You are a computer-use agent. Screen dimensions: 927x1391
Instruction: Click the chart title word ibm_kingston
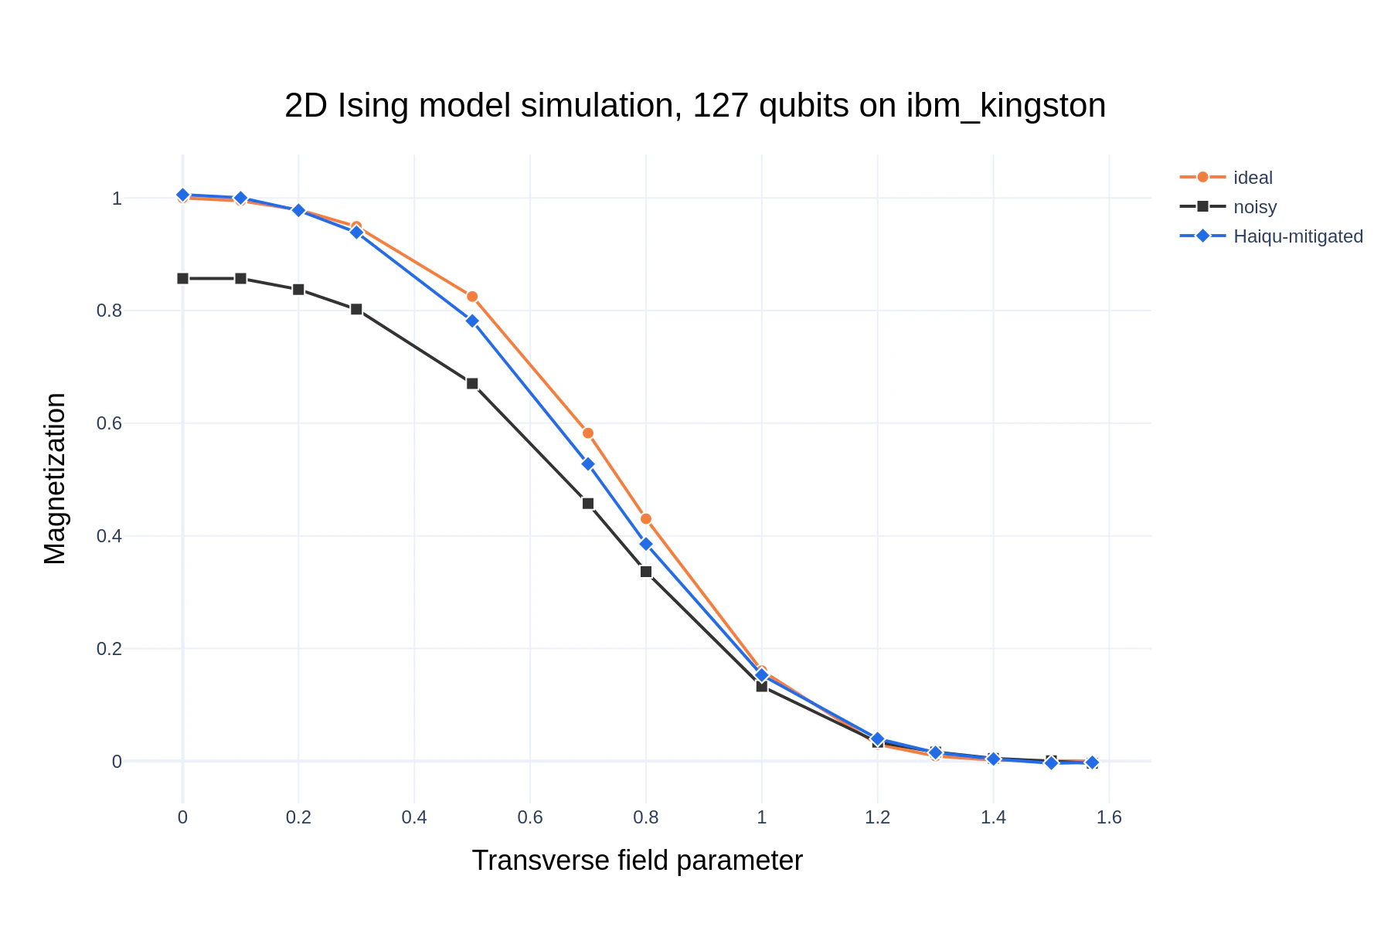1005,107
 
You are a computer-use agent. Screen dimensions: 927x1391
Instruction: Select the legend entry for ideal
1252,178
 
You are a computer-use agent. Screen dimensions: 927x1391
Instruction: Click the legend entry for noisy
1254,207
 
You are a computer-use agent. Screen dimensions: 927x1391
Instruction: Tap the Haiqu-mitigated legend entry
1297,236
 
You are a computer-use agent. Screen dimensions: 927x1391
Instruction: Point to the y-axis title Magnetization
56,479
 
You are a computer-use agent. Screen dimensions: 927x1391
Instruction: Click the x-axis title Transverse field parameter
637,861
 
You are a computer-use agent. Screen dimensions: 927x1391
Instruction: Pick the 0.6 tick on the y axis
109,423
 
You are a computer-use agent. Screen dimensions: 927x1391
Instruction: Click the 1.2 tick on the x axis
877,817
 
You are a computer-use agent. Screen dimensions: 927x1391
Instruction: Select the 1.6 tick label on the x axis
1109,817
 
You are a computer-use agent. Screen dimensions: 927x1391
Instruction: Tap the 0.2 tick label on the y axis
109,649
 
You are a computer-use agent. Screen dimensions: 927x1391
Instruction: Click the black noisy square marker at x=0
182,278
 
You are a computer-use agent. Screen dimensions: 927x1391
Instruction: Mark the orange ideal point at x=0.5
472,297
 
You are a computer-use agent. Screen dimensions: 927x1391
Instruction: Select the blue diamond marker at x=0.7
588,464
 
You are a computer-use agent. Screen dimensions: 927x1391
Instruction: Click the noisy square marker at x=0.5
472,384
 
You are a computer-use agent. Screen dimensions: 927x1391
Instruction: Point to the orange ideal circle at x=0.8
646,519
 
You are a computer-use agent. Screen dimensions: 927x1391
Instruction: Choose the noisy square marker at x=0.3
356,309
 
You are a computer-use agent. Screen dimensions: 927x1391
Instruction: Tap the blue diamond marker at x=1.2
877,739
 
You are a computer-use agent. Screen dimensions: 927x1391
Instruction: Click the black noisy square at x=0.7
588,504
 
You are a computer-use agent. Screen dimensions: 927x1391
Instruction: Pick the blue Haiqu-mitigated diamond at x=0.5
472,321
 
